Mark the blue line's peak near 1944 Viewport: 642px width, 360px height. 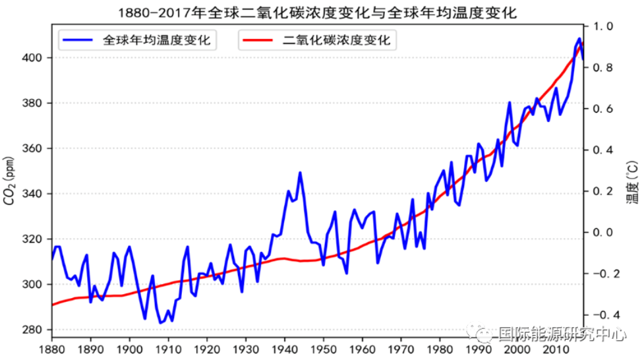(300, 173)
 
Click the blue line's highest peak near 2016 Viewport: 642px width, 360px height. (579, 39)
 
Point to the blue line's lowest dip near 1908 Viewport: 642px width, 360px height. (160, 323)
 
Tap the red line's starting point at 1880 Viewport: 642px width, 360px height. (52, 305)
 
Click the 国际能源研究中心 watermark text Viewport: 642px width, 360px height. (560, 334)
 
